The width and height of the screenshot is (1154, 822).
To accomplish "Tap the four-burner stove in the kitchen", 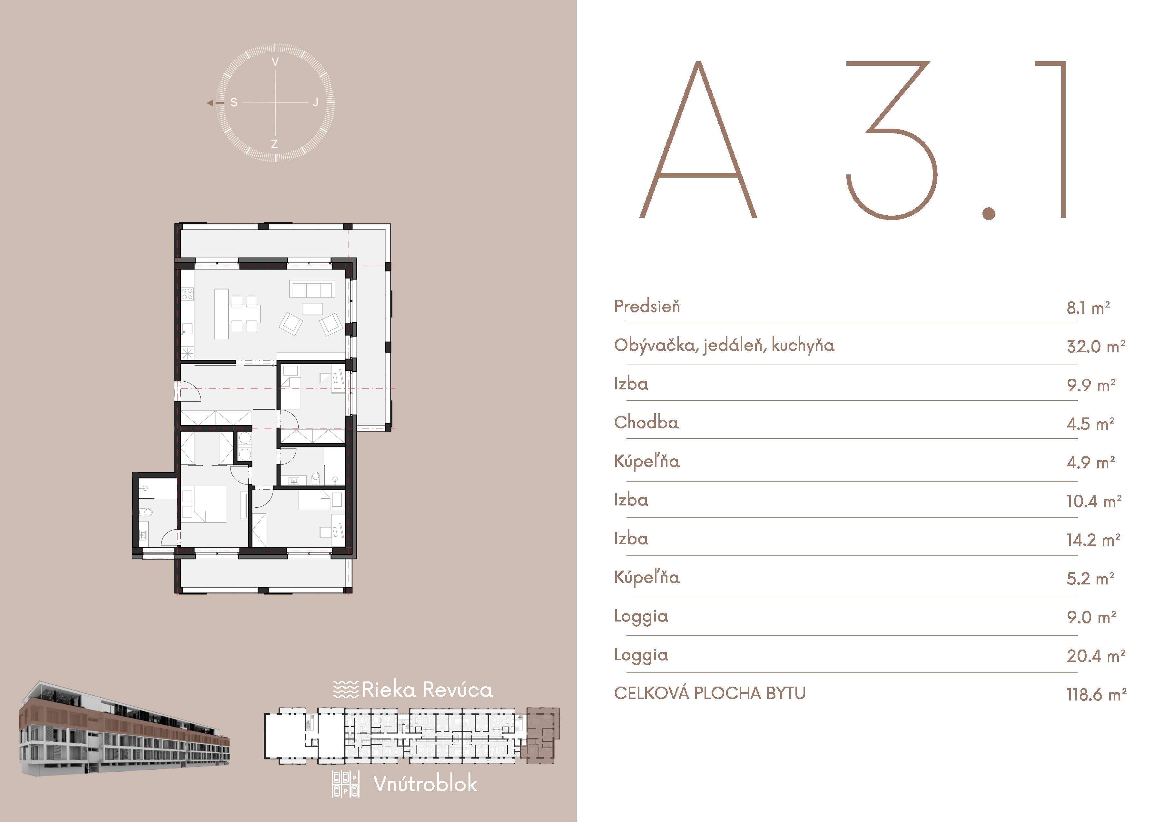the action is [x=187, y=294].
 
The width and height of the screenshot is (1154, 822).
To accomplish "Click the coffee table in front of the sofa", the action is [x=312, y=309].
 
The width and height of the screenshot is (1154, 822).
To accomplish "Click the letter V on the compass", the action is [x=275, y=62].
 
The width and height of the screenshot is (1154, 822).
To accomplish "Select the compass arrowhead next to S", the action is [x=210, y=103].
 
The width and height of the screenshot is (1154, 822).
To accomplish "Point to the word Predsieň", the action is [x=647, y=306].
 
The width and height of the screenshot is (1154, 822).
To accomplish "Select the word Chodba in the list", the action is [x=646, y=422].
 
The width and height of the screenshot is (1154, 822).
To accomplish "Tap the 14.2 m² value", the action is [x=1094, y=540].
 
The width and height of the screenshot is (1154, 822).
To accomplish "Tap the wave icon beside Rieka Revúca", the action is [x=346, y=690].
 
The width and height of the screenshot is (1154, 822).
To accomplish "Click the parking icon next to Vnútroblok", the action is [x=346, y=784].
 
